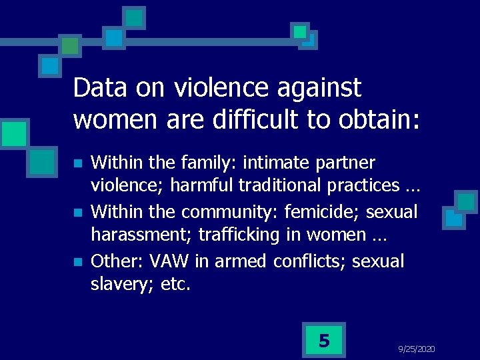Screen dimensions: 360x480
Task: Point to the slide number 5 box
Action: (324, 341)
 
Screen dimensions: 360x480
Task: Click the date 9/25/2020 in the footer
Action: (417, 349)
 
